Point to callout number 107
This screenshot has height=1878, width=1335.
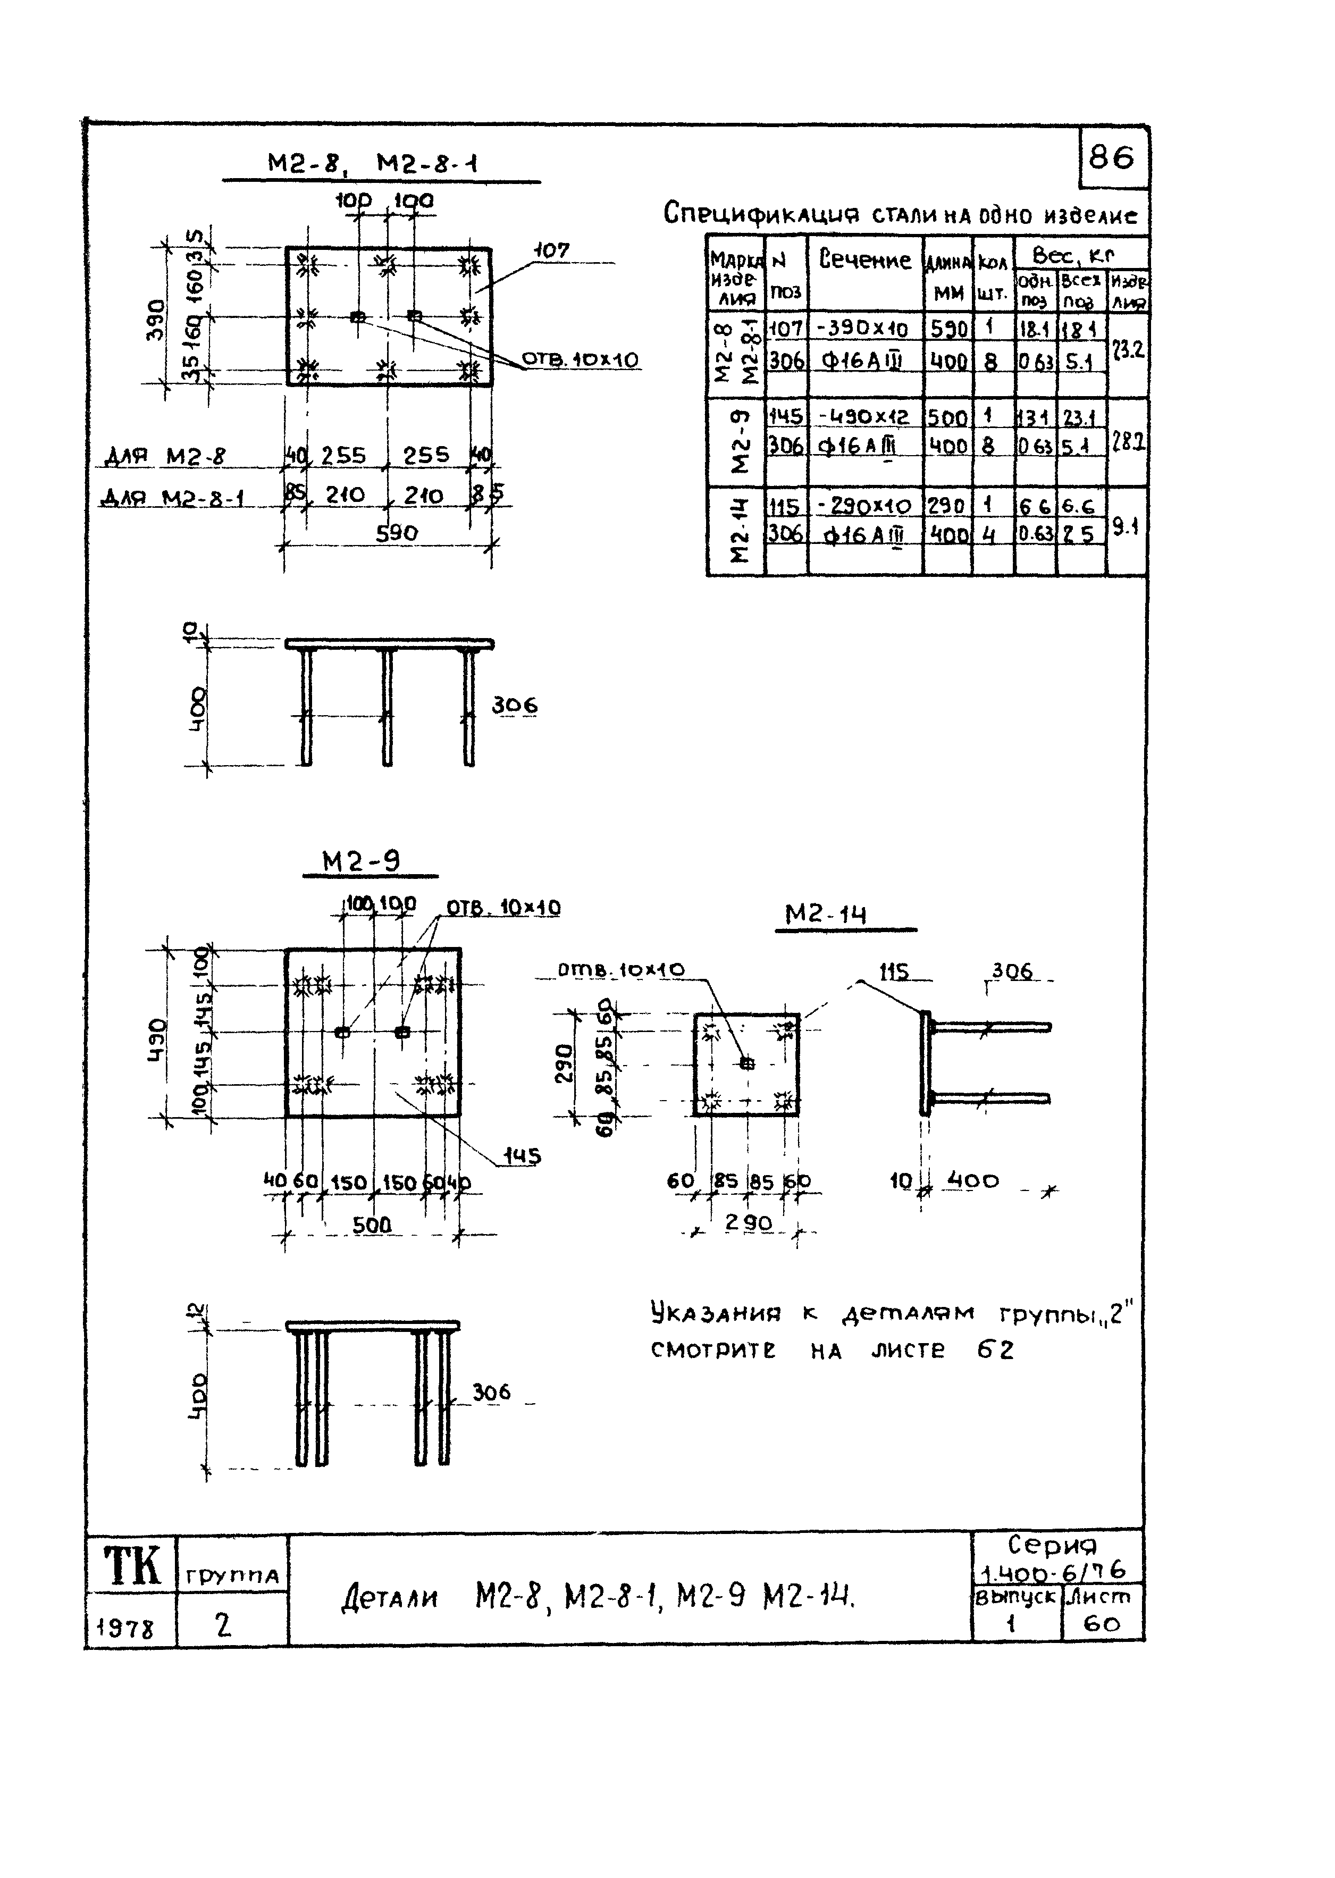coord(551,250)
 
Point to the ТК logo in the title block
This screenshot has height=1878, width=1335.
coord(131,1564)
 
